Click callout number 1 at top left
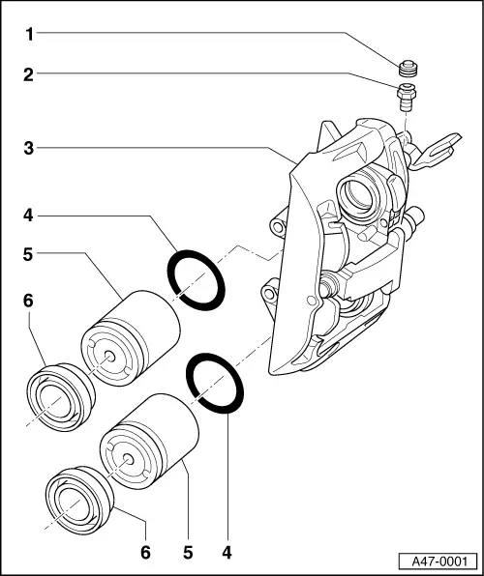(29, 34)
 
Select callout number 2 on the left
(29, 75)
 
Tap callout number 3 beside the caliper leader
(29, 149)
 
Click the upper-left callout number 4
(29, 215)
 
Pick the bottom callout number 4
(227, 552)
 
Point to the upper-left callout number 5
(28, 254)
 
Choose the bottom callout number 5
(188, 552)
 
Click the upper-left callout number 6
(28, 301)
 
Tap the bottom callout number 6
(146, 552)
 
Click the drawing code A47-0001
(439, 562)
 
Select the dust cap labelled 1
(408, 69)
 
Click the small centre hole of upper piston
(108, 356)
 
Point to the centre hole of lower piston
(128, 459)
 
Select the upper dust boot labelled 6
(61, 397)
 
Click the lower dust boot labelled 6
(79, 501)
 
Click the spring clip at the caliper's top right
(437, 152)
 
